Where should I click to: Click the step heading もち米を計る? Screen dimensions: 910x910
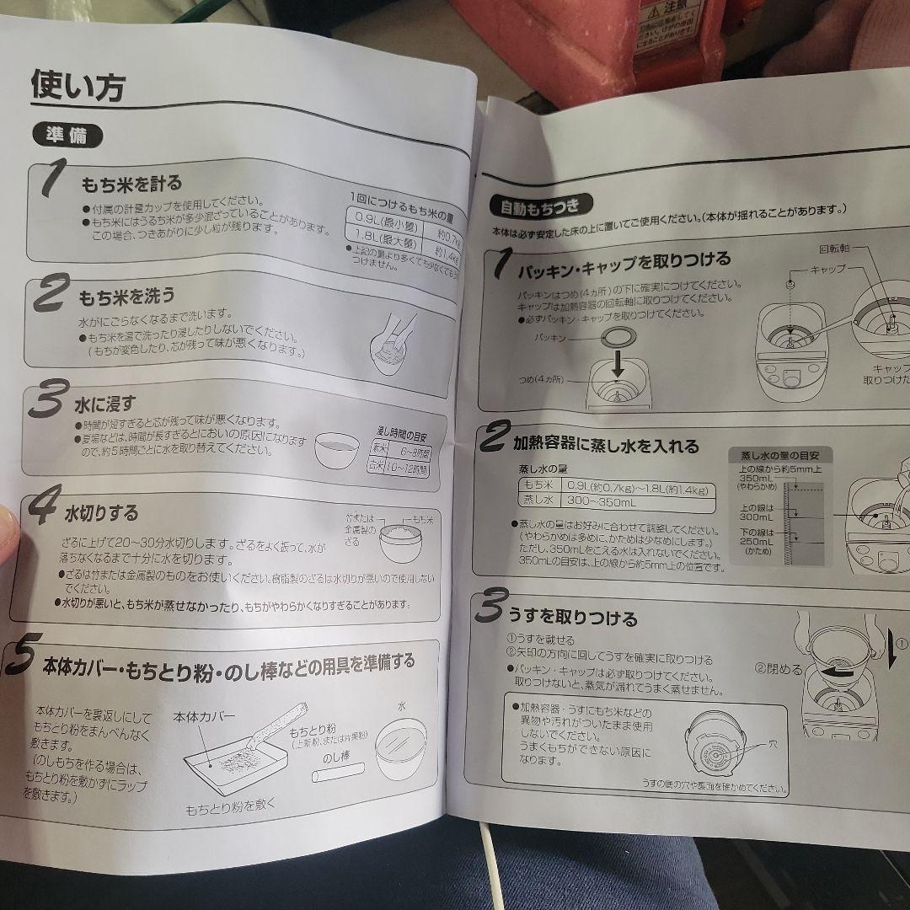click(131, 182)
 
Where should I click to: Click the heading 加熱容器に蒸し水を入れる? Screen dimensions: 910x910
click(606, 443)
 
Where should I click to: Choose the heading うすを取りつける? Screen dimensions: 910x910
click(572, 619)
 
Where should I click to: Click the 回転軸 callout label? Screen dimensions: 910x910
click(834, 250)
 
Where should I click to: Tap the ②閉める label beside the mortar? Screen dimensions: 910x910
click(778, 670)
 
